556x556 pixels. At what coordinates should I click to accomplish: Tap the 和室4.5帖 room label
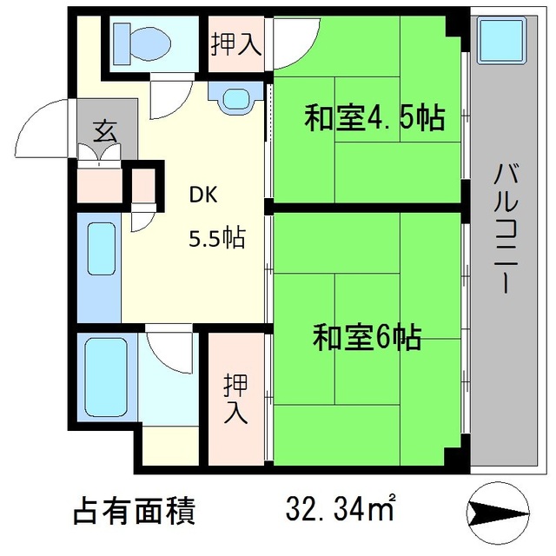pyautogui.click(x=374, y=117)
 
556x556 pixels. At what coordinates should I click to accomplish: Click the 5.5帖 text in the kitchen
pyautogui.click(x=217, y=237)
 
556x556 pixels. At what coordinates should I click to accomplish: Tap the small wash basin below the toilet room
pyautogui.click(x=235, y=99)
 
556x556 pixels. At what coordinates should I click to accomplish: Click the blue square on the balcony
pyautogui.click(x=500, y=39)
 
